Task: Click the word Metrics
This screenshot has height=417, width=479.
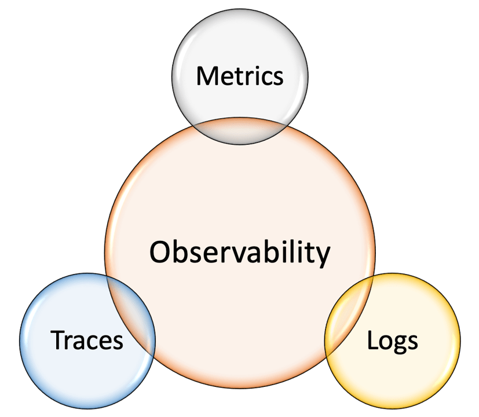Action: pyautogui.click(x=240, y=76)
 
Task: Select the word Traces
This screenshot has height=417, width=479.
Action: pyautogui.click(x=87, y=340)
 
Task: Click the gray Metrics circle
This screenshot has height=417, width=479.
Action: pyautogui.click(x=240, y=46)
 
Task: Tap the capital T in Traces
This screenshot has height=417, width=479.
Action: pyautogui.click(x=58, y=340)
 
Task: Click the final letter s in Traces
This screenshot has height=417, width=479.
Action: pyautogui.click(x=118, y=342)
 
